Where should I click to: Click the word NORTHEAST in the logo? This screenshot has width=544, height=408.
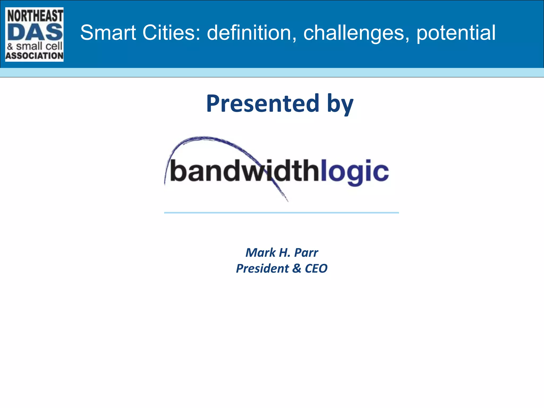coord(35,15)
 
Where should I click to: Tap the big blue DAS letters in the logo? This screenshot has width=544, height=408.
coord(35,32)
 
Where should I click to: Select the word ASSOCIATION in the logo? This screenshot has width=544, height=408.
coord(35,56)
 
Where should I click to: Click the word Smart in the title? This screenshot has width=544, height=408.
coord(108,33)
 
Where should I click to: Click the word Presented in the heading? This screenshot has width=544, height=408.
coord(262,103)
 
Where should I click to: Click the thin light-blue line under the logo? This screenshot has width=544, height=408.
coord(281,213)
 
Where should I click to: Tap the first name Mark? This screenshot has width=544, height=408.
coord(260,253)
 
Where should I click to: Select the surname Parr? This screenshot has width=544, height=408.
coord(306,253)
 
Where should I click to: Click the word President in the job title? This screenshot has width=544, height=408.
coord(262,269)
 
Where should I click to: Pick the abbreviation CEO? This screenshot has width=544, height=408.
coord(316,269)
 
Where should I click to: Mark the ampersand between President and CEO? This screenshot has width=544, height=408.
coord(297,269)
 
